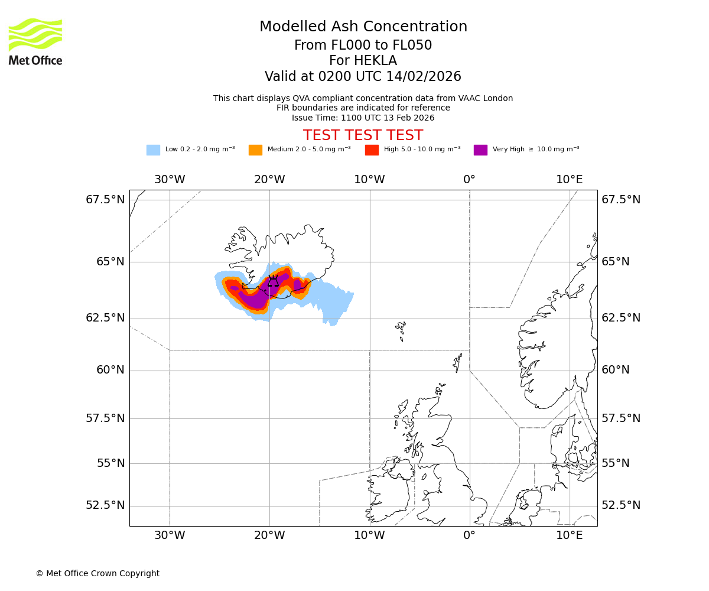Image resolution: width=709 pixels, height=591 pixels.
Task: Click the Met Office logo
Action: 35,41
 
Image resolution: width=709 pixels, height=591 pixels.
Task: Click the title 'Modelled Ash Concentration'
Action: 363,27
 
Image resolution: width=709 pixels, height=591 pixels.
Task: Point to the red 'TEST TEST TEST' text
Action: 363,135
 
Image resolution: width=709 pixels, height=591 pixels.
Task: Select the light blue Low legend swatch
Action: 153,150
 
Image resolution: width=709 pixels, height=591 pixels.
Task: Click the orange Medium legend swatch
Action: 255,150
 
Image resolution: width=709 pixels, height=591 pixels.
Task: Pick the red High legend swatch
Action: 372,150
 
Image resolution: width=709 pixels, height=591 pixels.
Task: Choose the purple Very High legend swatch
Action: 480,150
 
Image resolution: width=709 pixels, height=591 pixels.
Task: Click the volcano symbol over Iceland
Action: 273,281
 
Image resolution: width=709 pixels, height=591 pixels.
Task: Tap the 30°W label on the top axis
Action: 170,180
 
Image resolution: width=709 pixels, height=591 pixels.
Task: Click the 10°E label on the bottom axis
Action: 569,535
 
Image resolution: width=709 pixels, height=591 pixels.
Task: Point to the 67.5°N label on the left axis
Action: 105,200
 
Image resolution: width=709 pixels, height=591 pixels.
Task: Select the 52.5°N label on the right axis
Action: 621,505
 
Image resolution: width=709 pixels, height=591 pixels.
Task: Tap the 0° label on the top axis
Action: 470,180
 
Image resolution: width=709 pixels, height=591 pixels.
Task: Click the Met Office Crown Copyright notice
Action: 97,573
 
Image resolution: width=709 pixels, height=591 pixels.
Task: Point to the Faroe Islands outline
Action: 401,330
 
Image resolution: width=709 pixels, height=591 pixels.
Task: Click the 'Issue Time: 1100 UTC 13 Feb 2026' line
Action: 363,118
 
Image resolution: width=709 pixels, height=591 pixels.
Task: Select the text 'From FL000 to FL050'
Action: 363,46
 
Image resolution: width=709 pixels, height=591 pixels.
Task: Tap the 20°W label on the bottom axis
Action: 270,535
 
